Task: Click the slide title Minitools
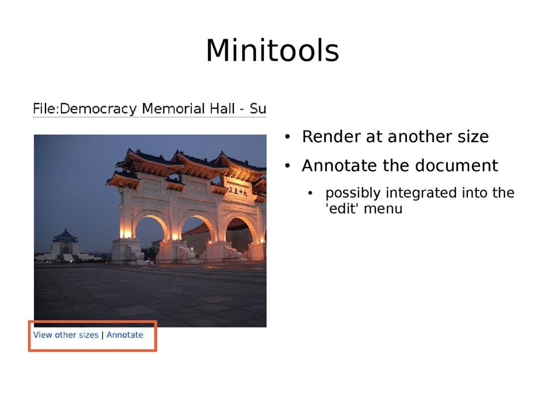272,51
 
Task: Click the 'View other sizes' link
65,335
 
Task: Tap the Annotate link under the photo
125,335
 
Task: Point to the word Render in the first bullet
323,137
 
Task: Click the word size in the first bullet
469,137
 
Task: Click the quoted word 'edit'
342,208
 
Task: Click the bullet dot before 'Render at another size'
288,137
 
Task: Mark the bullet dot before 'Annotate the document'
288,166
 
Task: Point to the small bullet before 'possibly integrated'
311,194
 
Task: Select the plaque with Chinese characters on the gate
238,192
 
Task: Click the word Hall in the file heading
228,108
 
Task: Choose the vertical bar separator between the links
102,335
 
